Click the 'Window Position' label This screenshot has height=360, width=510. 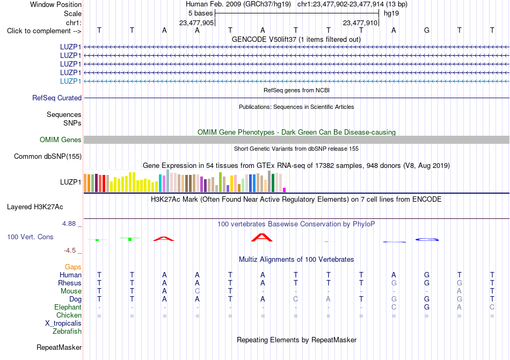56,4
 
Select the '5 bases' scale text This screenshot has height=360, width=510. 200,13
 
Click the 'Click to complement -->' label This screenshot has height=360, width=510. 44,31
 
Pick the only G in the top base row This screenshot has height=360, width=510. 427,30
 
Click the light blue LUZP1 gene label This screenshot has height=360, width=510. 70,81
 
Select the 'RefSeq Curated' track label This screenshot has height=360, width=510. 57,98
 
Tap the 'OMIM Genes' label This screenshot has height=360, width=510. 61,139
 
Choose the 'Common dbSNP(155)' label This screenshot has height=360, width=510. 48,156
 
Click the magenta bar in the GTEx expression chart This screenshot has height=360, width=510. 285,190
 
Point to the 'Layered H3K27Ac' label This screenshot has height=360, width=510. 35,207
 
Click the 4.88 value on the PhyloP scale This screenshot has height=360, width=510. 69,224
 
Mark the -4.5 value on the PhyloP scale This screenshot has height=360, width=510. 70,250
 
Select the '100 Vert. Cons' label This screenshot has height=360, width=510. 30,237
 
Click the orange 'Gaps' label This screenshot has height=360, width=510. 73,267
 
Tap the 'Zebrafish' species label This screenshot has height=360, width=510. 67,332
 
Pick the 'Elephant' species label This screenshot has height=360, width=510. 68,307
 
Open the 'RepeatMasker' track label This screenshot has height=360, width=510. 59,347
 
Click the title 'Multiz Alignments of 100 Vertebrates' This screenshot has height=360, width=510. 296,259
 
